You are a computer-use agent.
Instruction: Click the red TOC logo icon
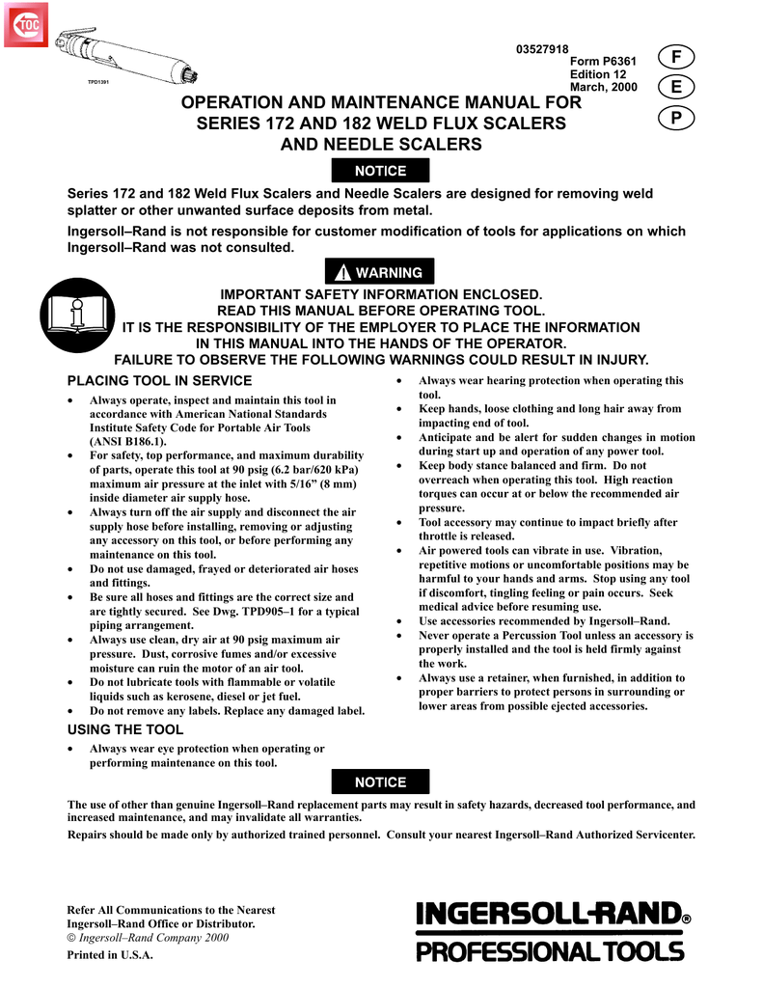coord(26,25)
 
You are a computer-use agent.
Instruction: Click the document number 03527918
coord(543,51)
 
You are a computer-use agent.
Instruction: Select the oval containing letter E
coord(676,88)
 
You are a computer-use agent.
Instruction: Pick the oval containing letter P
coord(676,118)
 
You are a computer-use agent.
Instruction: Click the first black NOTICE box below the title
coord(380,171)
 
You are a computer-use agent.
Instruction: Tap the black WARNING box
coord(380,272)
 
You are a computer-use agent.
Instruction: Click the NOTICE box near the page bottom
coord(380,782)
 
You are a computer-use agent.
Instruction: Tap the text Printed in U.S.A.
coord(110,955)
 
